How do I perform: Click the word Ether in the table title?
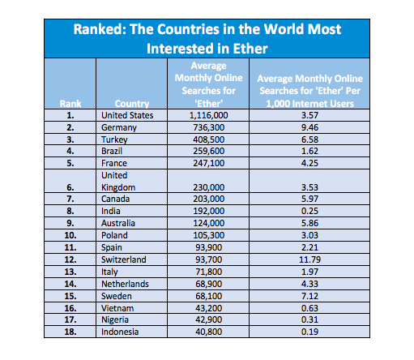(250, 49)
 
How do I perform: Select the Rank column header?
(70, 104)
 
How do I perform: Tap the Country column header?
(132, 104)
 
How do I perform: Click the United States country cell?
(127, 115)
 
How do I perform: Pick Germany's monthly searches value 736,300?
(208, 127)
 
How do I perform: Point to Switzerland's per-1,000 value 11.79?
(309, 259)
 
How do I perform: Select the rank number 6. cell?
(70, 187)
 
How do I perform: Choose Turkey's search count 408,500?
(208, 139)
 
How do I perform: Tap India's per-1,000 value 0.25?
(309, 211)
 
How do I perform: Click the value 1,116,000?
(208, 115)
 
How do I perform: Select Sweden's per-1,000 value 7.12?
(309, 296)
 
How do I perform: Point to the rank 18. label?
(70, 332)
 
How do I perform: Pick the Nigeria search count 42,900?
(208, 319)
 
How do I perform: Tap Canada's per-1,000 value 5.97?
(309, 199)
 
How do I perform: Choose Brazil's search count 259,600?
(208, 151)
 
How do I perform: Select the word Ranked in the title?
(100, 29)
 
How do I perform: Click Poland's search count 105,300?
(208, 235)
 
